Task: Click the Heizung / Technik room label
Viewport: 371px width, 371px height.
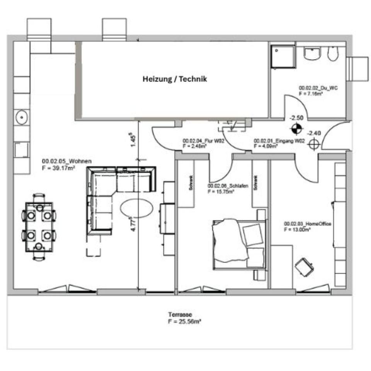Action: point(175,79)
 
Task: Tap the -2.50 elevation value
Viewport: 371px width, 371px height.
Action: point(296,118)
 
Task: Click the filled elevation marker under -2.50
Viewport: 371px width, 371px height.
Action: point(296,128)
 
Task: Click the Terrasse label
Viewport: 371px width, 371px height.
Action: point(180,315)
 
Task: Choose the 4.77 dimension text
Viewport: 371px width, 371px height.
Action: point(133,224)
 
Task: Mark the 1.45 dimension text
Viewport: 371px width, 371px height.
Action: point(133,140)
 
